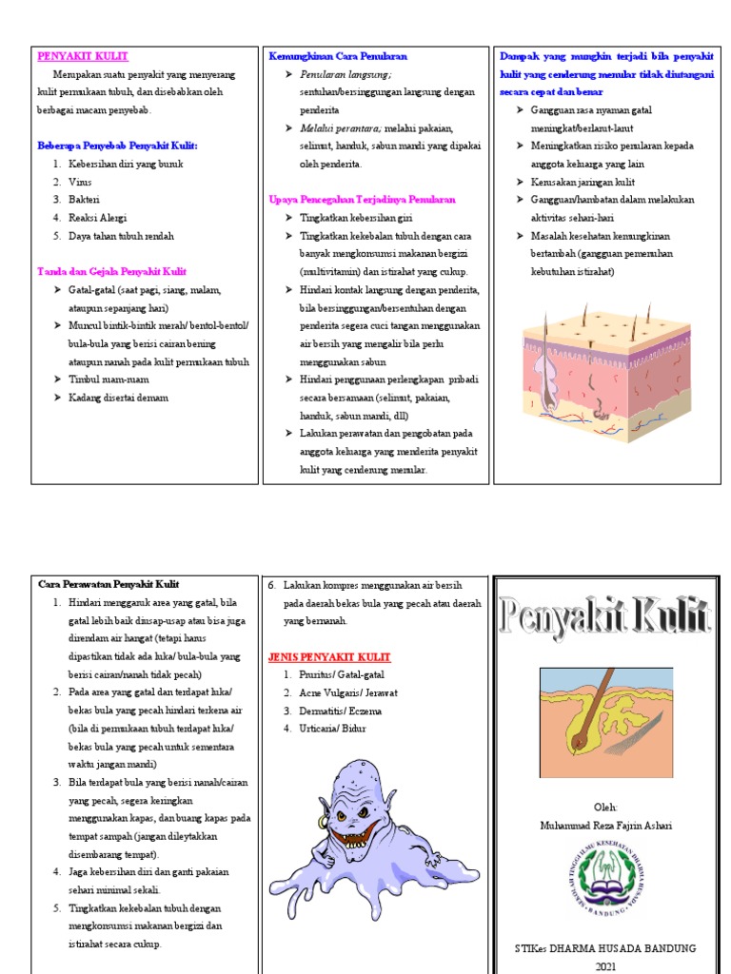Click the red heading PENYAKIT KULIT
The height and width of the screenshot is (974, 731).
click(83, 57)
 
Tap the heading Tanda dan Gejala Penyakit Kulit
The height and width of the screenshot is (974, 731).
click(111, 271)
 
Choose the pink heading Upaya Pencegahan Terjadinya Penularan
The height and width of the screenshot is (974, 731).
click(363, 200)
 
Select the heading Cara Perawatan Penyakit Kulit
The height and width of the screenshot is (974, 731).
click(108, 584)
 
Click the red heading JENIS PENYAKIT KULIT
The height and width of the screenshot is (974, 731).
click(329, 656)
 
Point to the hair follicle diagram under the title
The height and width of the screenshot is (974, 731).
click(605, 722)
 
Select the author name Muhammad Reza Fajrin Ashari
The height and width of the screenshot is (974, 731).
click(604, 826)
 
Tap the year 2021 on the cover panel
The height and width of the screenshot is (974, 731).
click(605, 965)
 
